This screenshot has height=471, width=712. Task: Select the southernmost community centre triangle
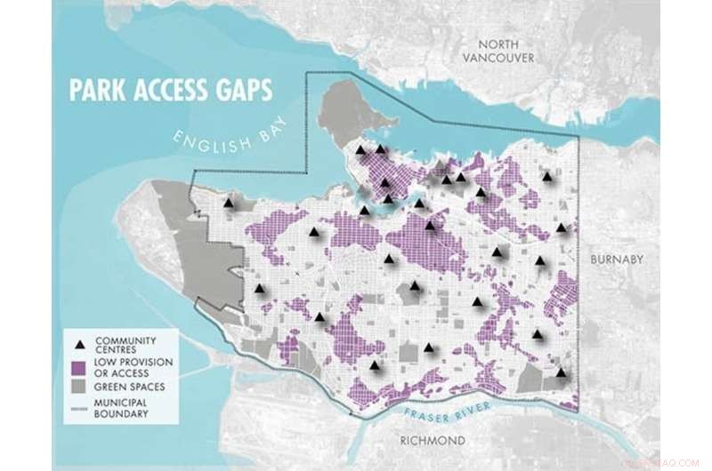tap(561, 372)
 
